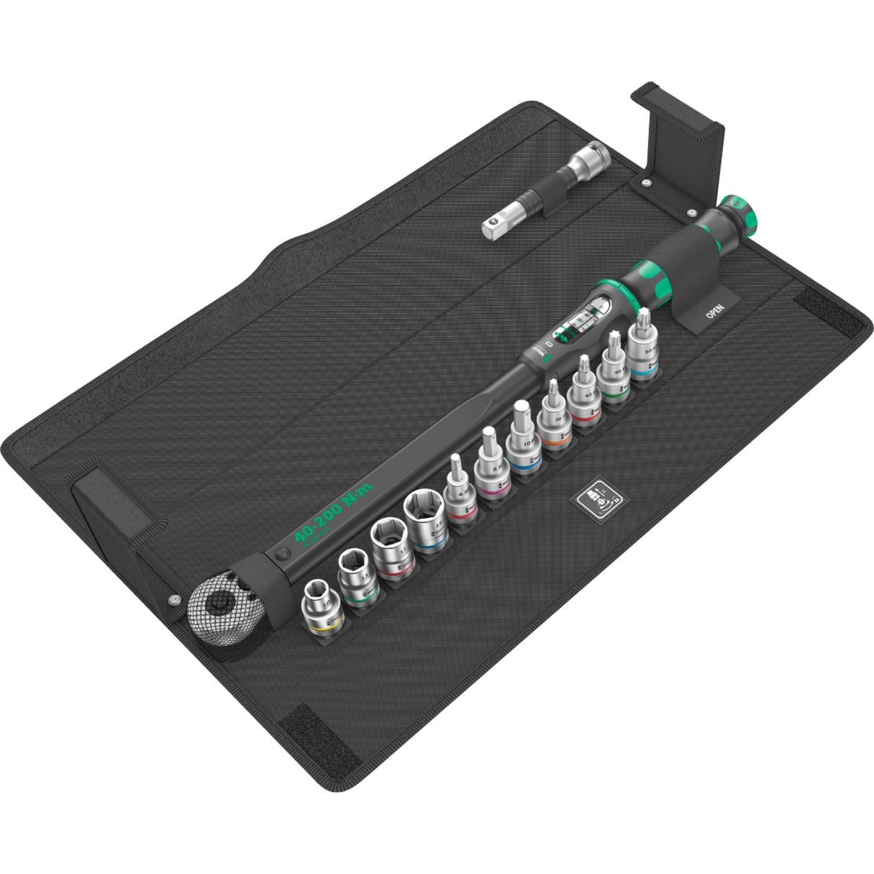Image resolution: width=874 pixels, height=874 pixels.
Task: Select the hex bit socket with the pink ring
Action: click(x=493, y=472)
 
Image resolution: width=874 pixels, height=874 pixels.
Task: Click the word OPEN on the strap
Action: click(x=714, y=311)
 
